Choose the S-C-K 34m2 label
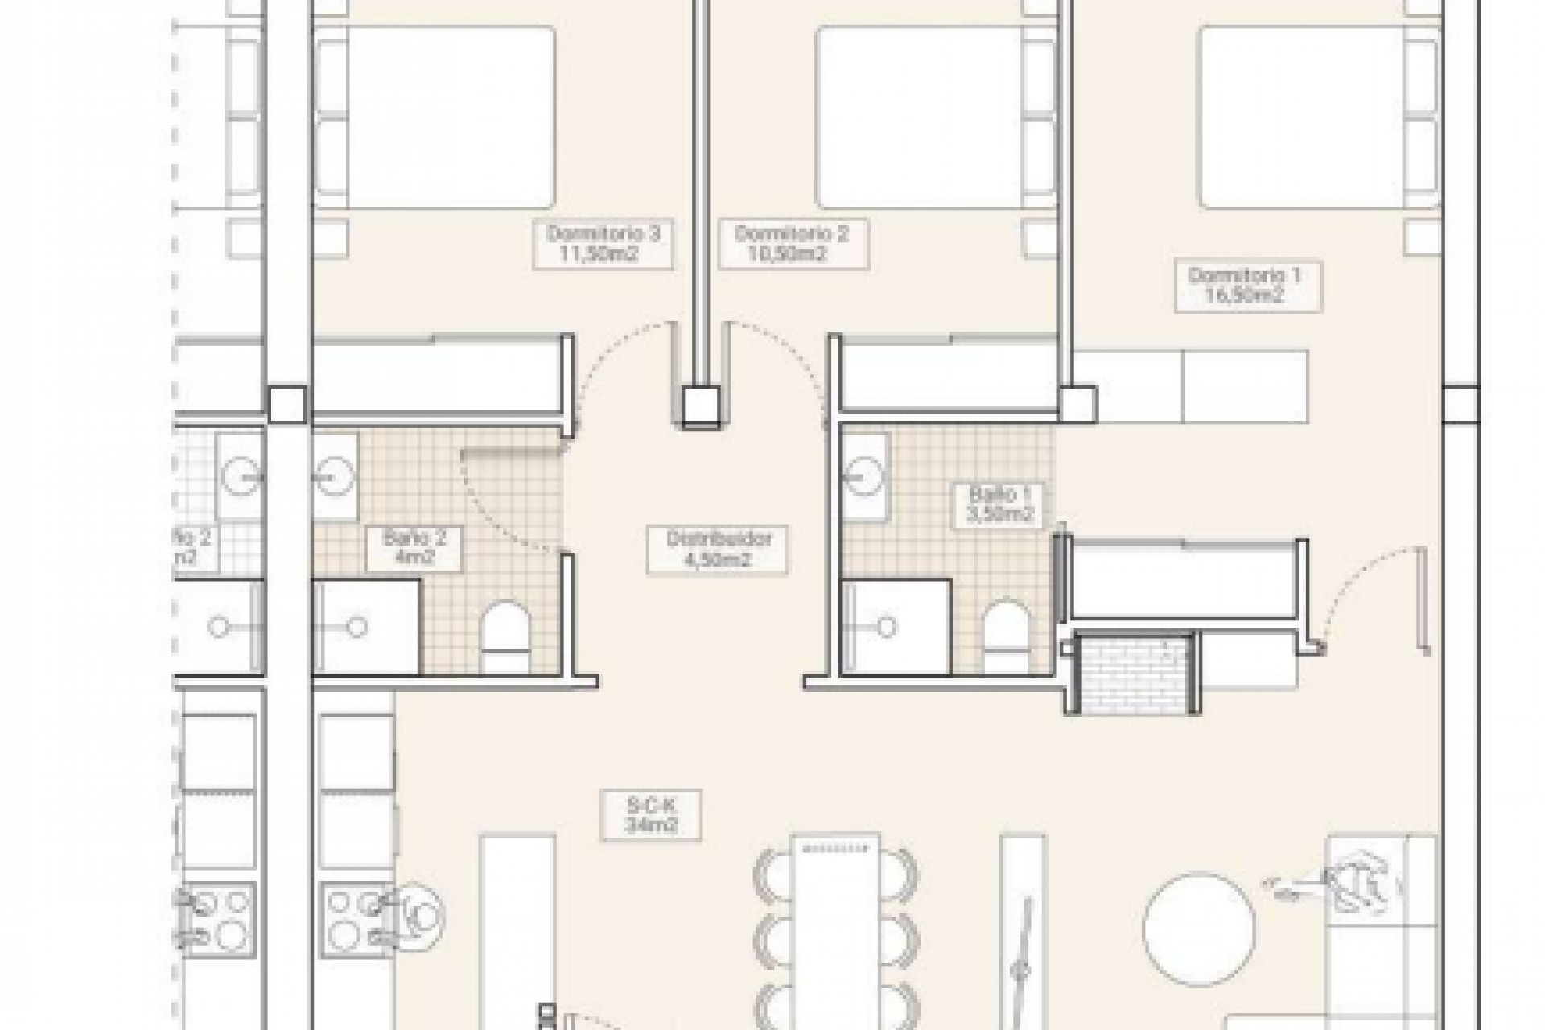coord(651,813)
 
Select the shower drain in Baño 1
coord(887,626)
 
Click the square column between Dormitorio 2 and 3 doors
coord(700,406)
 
